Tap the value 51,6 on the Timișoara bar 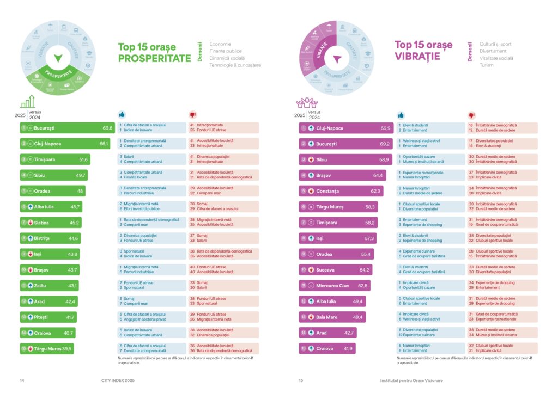tap(83, 159)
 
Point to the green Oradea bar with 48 tap(52, 191)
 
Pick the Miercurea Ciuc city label tap(333, 285)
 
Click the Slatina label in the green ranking tap(41, 222)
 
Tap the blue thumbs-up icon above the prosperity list tap(122, 115)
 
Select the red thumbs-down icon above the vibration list tap(472, 115)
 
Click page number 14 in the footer tap(22, 380)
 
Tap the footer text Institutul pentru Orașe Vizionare tap(411, 380)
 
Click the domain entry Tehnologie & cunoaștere tap(235, 65)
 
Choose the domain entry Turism tap(487, 65)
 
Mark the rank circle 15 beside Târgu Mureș tap(24, 348)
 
